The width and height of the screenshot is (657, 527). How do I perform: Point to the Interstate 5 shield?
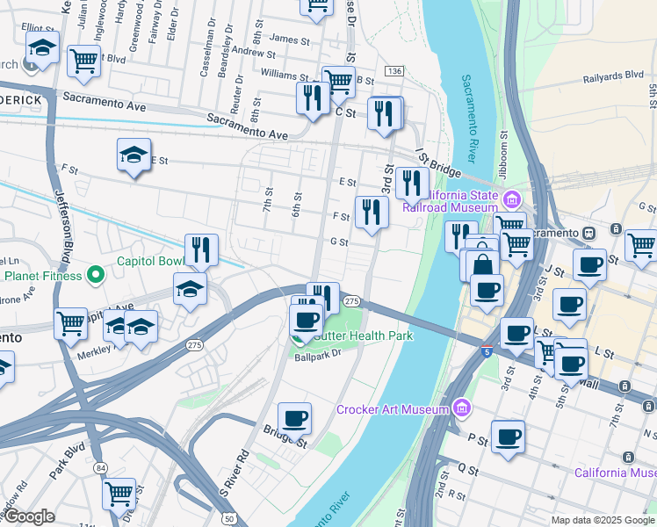pyautogui.click(x=487, y=352)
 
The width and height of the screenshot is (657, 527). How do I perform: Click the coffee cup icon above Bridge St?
pyautogui.click(x=295, y=418)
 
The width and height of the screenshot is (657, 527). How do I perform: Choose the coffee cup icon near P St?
pyautogui.click(x=507, y=437)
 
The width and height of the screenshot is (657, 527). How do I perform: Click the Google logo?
pyautogui.click(x=28, y=516)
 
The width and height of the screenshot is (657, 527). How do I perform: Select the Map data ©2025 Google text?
pyautogui.click(x=603, y=520)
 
